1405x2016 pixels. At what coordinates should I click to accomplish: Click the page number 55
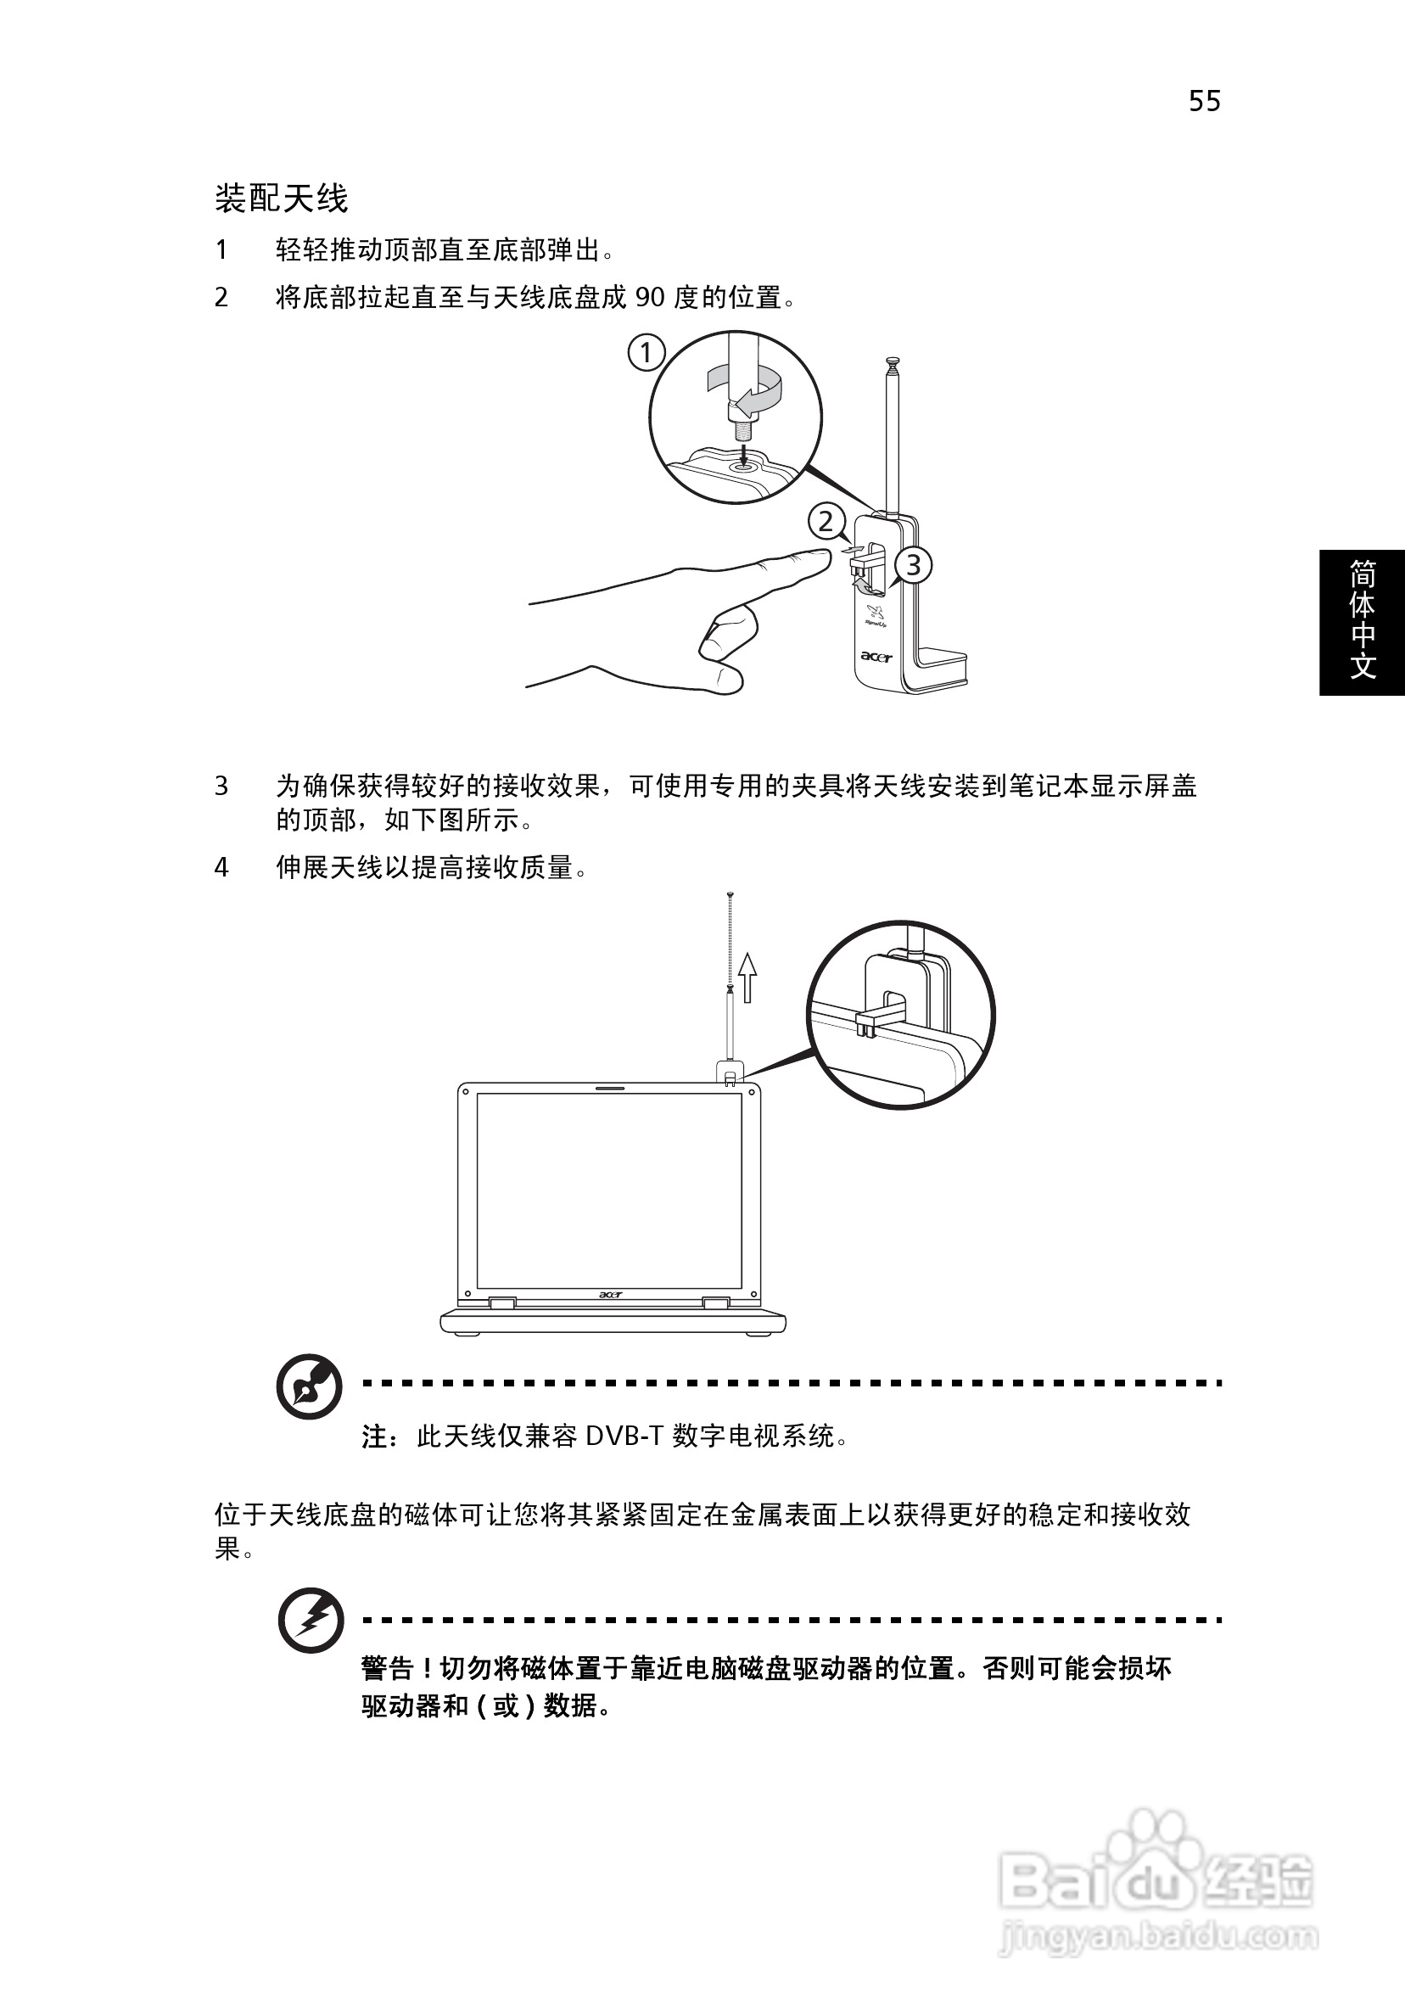click(1204, 101)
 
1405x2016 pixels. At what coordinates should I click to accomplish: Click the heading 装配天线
click(281, 199)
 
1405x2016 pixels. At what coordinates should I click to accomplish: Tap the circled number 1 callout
click(647, 353)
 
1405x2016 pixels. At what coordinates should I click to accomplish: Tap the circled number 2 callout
click(826, 522)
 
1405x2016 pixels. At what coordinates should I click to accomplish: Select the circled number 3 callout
click(913, 565)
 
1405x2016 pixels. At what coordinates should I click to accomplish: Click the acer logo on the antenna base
click(876, 656)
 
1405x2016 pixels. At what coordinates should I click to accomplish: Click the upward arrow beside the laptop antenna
click(747, 977)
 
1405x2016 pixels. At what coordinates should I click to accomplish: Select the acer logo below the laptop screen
click(610, 1294)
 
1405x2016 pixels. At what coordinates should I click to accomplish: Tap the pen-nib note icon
click(309, 1386)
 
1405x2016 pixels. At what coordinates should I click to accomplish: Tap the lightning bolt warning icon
click(311, 1620)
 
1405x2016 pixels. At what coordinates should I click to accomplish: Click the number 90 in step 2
click(650, 298)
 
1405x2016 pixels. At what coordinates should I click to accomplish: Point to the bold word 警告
click(386, 1667)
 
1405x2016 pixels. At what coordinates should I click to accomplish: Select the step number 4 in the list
click(221, 867)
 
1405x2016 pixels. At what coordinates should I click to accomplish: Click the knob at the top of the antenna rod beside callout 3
click(893, 360)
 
